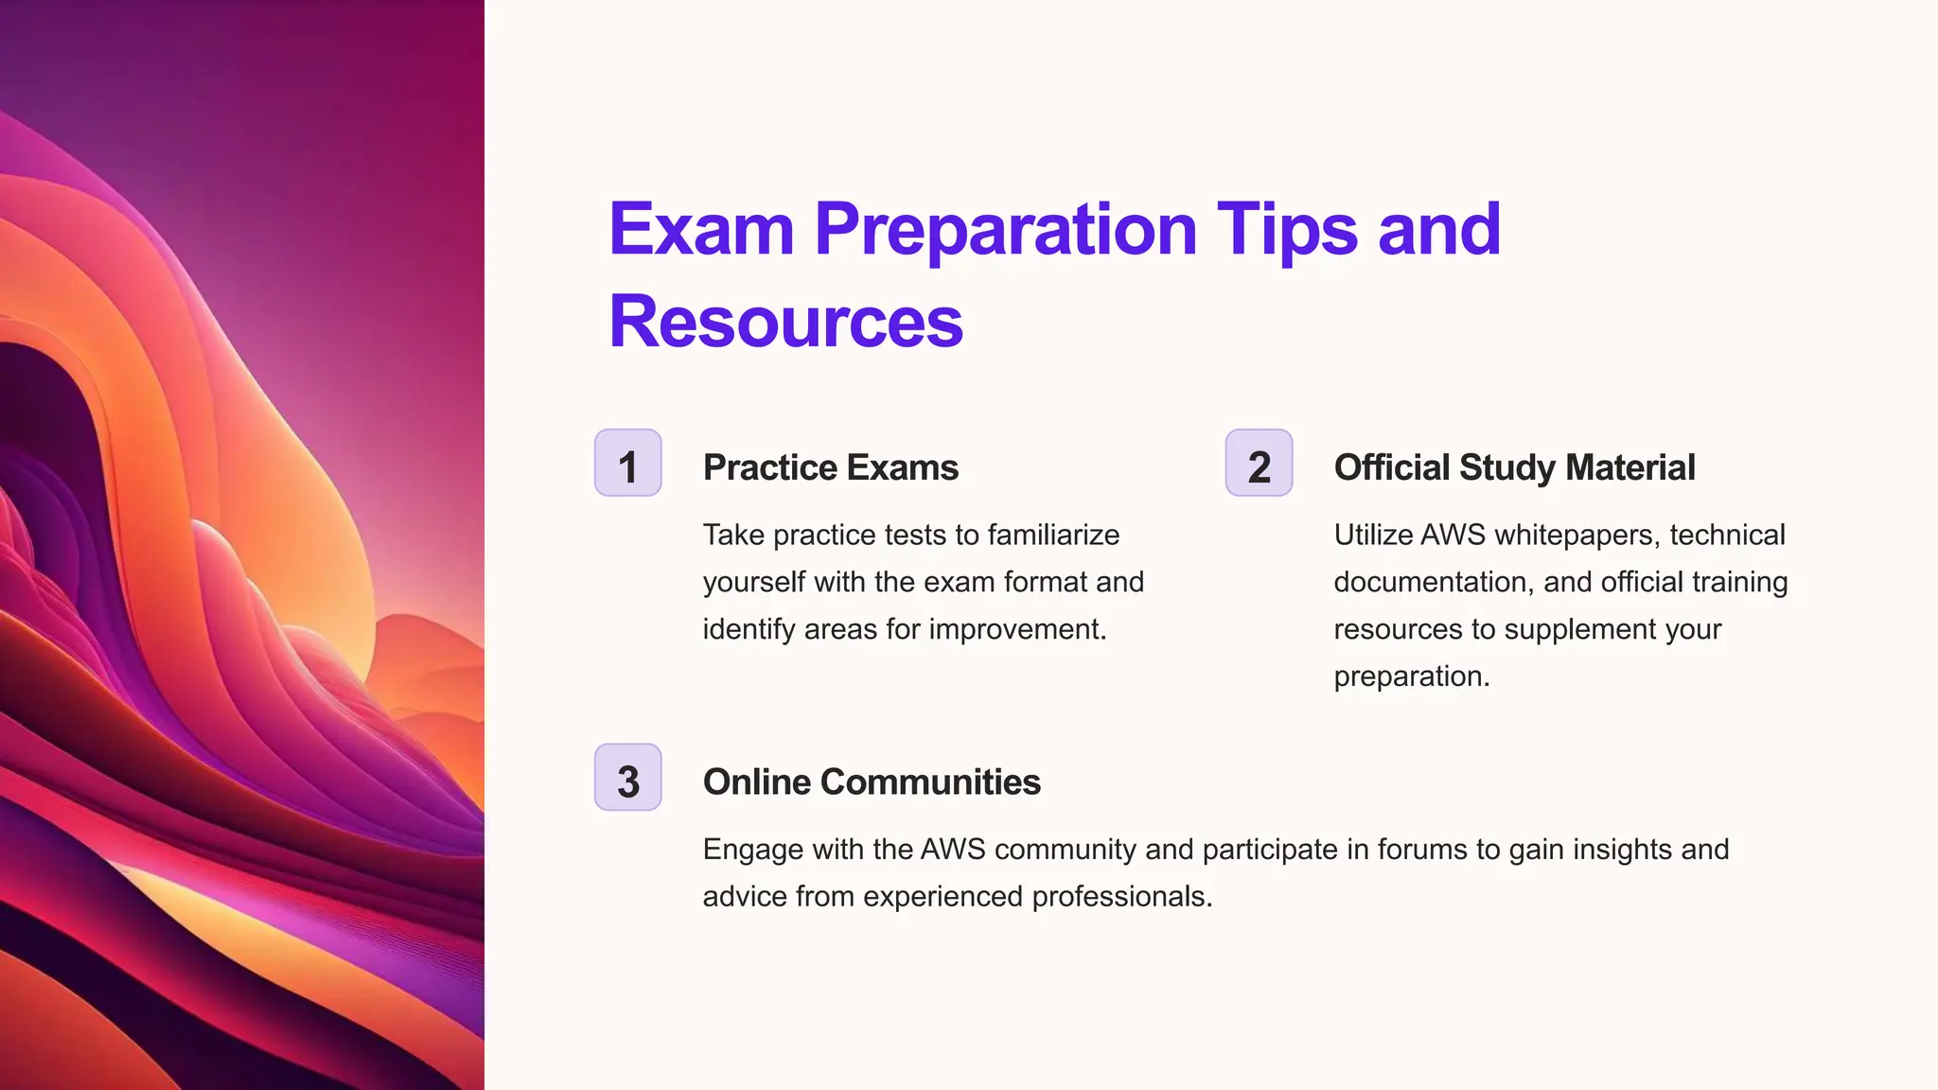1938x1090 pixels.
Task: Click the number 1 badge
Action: (627, 463)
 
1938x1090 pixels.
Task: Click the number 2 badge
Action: (1259, 463)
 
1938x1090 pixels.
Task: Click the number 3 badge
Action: (627, 778)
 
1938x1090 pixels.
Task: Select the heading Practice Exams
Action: (830, 467)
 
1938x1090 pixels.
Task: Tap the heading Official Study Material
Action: (1514, 467)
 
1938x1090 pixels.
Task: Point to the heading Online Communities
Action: (872, 782)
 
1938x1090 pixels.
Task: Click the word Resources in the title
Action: (785, 322)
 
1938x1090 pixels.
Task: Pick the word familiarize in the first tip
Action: (1053, 536)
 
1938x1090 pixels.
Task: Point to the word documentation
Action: (1433, 582)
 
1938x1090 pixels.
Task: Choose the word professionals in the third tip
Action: (1122, 897)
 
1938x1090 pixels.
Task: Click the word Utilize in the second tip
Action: (1373, 536)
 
